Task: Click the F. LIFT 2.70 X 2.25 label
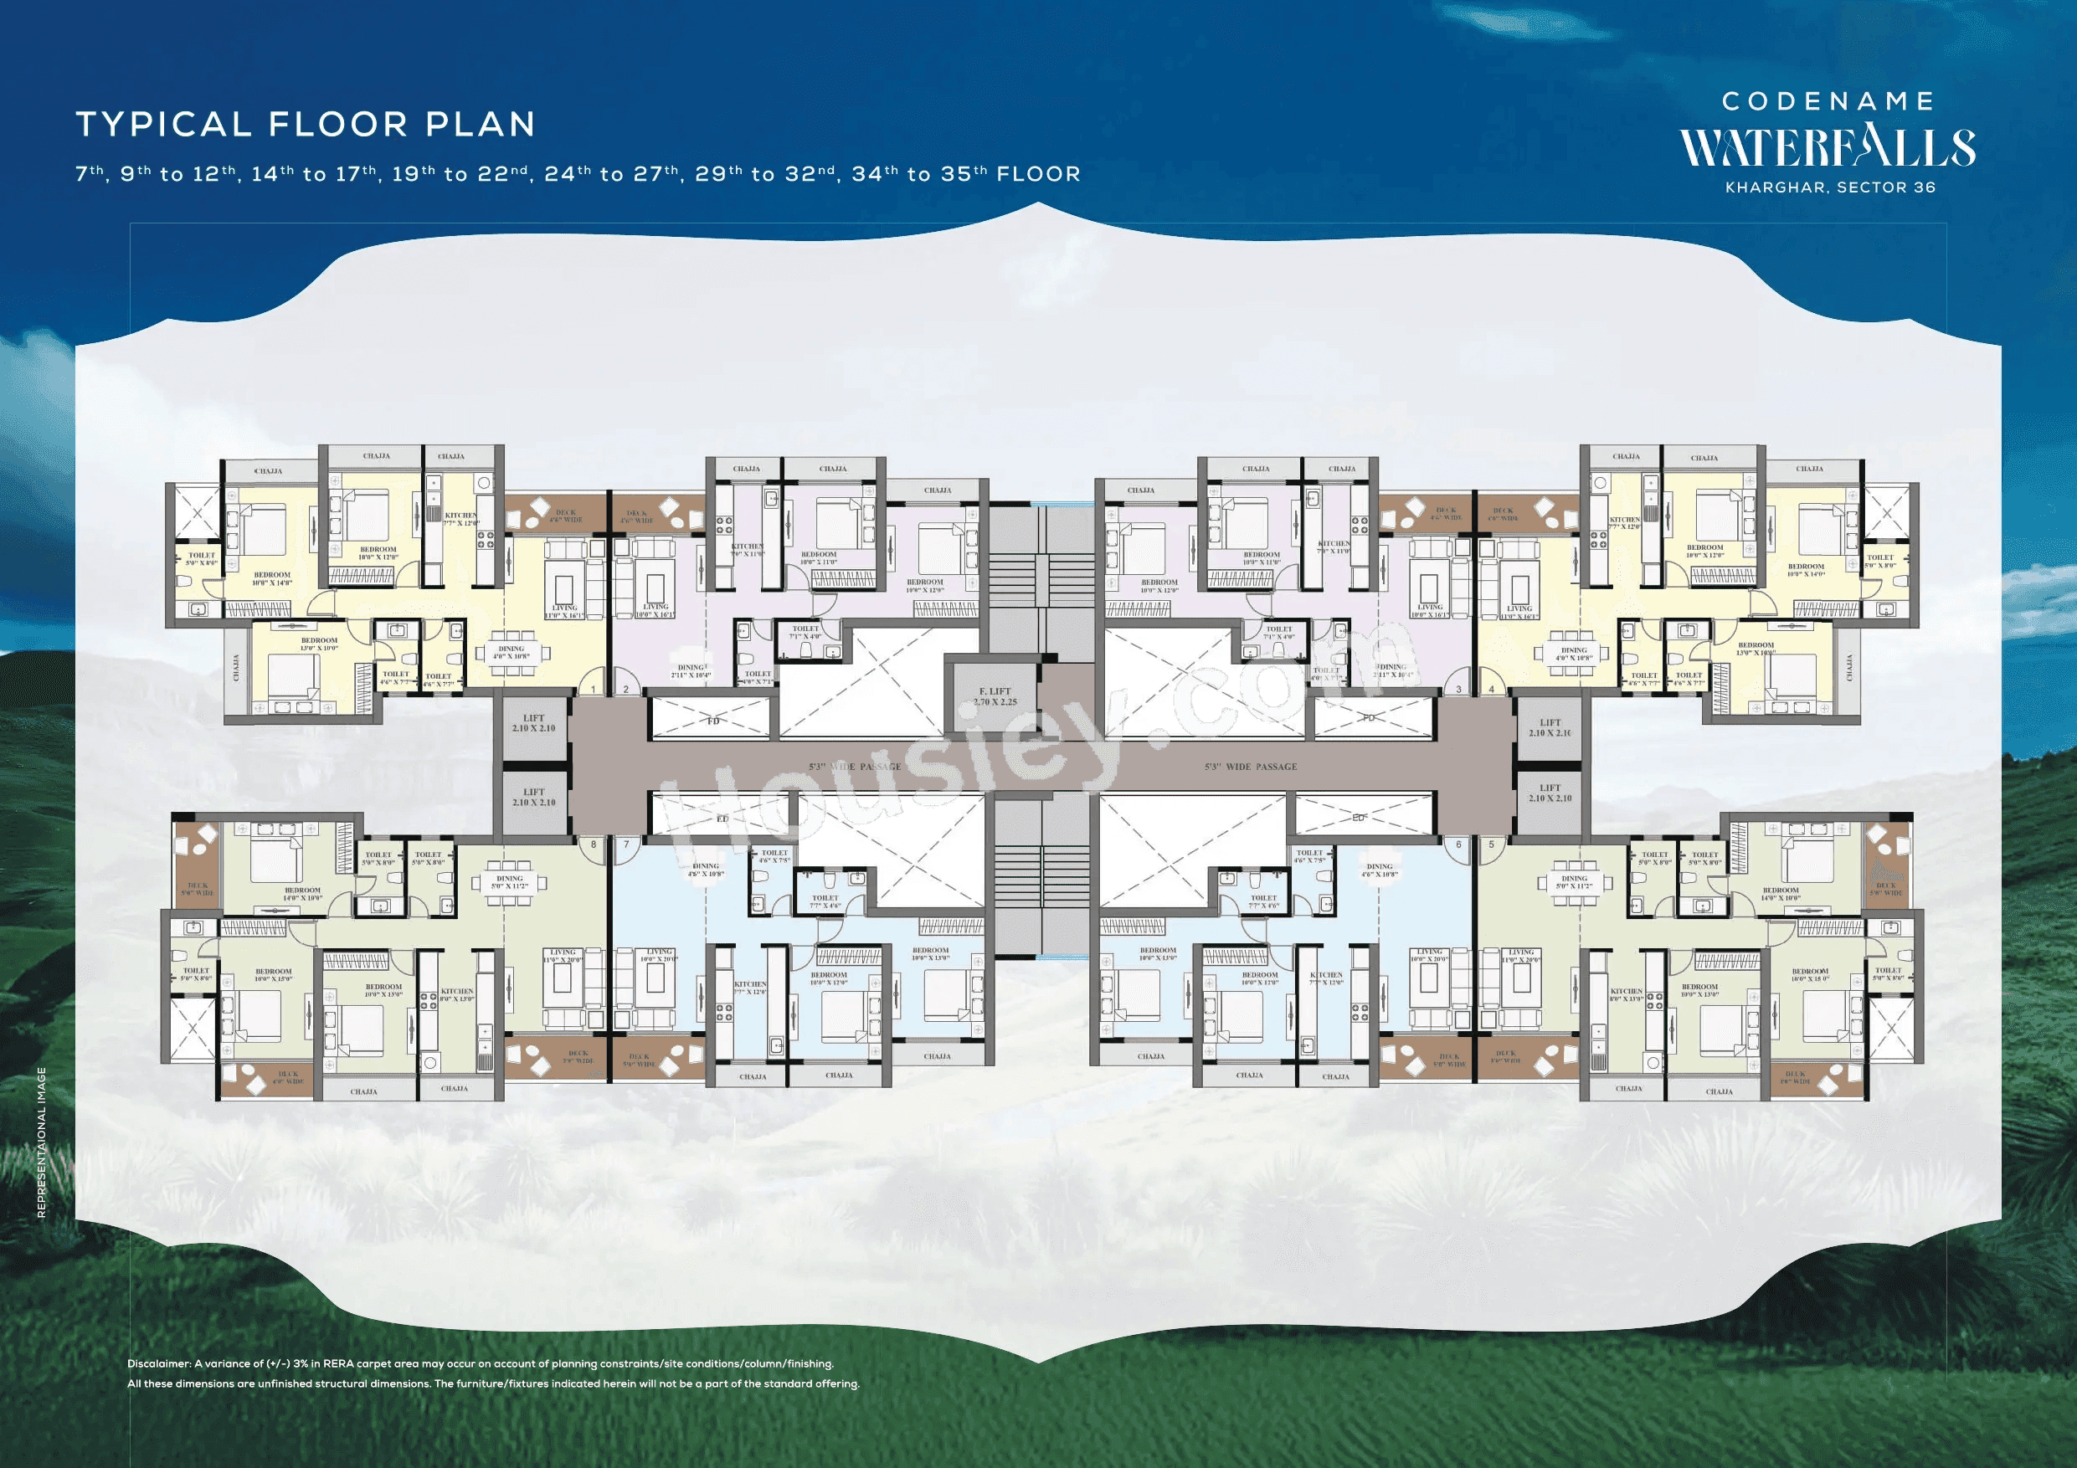tap(995, 696)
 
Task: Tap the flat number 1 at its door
tap(594, 690)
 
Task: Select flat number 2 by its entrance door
tap(626, 690)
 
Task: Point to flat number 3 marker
tap(1458, 690)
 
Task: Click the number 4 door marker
tap(1491, 690)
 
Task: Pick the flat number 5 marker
tap(1491, 844)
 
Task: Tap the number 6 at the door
tap(1458, 844)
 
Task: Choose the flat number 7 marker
tap(626, 844)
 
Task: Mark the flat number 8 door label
tap(594, 844)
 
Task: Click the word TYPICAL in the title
tap(163, 124)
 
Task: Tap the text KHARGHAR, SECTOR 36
tap(1830, 188)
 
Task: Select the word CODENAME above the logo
tap(1828, 101)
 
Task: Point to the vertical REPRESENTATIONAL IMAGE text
tap(42, 1143)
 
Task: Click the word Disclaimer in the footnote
tap(158, 1363)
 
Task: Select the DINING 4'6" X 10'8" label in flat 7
tap(706, 870)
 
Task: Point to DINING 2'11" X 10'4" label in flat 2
tap(691, 671)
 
